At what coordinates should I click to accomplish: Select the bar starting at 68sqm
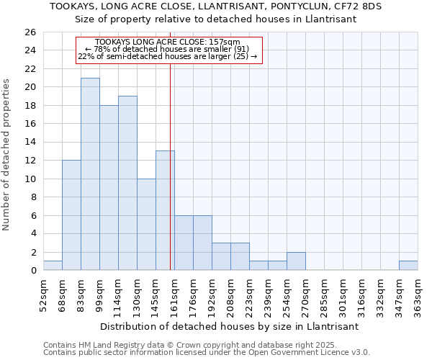pyautogui.click(x=71, y=215)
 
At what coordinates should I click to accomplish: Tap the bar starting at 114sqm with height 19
pyautogui.click(x=127, y=183)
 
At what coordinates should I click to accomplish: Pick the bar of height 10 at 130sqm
pyautogui.click(x=146, y=224)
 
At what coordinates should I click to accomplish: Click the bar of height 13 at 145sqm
pyautogui.click(x=165, y=210)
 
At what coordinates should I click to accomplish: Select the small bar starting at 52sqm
pyautogui.click(x=53, y=266)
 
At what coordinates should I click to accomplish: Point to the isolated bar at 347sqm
pyautogui.click(x=408, y=266)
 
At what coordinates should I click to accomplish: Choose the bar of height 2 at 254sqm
pyautogui.click(x=296, y=261)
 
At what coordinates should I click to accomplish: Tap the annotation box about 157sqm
pyautogui.click(x=169, y=50)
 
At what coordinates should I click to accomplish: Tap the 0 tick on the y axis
pyautogui.click(x=32, y=271)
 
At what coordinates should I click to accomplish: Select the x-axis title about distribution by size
pyautogui.click(x=229, y=326)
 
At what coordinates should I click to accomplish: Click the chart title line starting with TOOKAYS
pyautogui.click(x=216, y=6)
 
